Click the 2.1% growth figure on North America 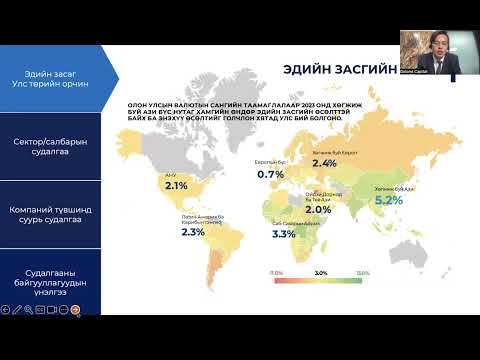coord(176,186)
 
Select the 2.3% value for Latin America coord(193,232)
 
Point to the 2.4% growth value coord(323,163)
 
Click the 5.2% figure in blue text coord(388,200)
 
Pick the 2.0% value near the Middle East coord(318,210)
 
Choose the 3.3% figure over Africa coord(283,235)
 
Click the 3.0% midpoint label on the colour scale coord(322,272)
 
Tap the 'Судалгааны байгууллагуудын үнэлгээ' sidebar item coord(52,279)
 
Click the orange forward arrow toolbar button coord(74,310)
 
